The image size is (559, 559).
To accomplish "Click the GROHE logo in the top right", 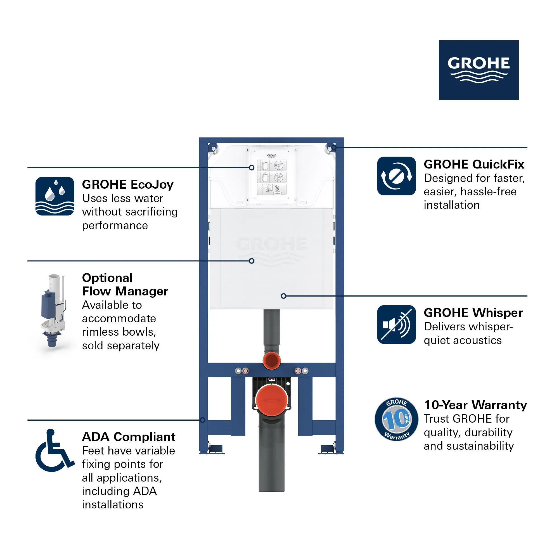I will click(x=478, y=70).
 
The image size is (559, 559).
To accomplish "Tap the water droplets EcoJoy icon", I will click(x=55, y=196).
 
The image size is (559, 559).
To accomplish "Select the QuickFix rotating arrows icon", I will click(x=396, y=176).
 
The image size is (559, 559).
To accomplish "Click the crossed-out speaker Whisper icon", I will click(x=396, y=324).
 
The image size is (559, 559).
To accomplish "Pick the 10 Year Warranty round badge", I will click(x=396, y=419).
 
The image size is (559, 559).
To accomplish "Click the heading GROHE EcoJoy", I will click(x=128, y=184).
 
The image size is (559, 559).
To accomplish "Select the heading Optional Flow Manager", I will click(x=125, y=285).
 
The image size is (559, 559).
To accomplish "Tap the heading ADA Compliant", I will click(x=129, y=437).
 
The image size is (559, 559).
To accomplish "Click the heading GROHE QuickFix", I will click(x=474, y=164).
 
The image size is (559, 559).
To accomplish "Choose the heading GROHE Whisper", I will click(x=473, y=313).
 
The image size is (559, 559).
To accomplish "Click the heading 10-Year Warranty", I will click(x=475, y=405).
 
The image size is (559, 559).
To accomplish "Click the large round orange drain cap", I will click(x=271, y=400).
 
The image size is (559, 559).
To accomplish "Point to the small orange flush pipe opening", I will click(x=271, y=361).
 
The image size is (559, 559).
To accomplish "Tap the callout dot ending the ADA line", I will click(x=203, y=420).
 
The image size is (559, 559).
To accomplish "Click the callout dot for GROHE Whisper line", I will click(x=283, y=296).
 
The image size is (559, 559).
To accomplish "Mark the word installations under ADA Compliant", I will click(x=113, y=504).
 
